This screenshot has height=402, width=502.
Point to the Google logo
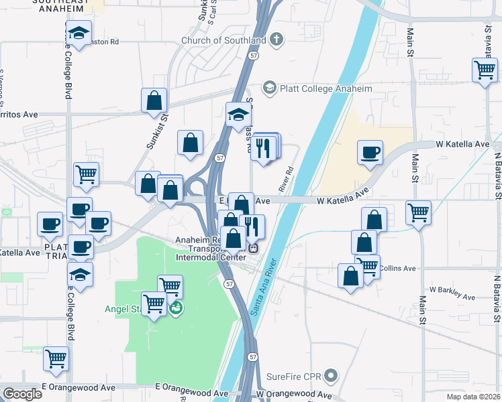pyautogui.click(x=22, y=394)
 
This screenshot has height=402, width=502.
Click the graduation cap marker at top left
pyautogui.click(x=79, y=33)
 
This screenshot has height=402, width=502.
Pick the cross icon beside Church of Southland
pyautogui.click(x=275, y=40)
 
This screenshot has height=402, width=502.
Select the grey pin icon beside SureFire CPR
pyautogui.click(x=330, y=375)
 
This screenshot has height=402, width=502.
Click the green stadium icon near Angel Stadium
pyautogui.click(x=176, y=310)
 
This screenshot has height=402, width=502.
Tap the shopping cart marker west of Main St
pyautogui.click(x=419, y=213)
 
